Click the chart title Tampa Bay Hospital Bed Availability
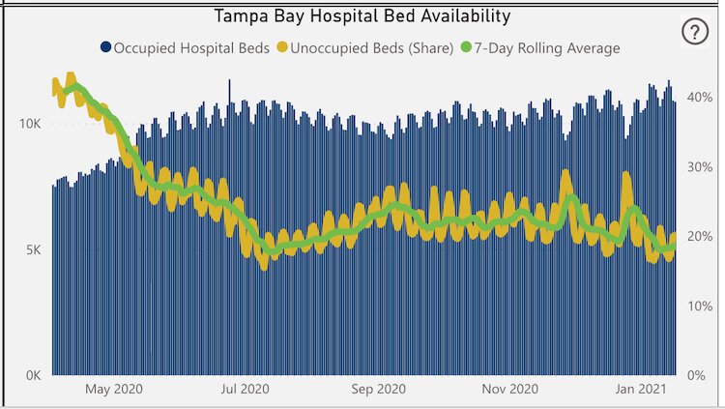(x=362, y=15)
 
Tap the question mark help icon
(x=694, y=32)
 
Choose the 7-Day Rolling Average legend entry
(x=547, y=46)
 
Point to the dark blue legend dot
(x=104, y=46)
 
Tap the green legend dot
(x=466, y=46)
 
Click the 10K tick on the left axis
(x=28, y=125)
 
